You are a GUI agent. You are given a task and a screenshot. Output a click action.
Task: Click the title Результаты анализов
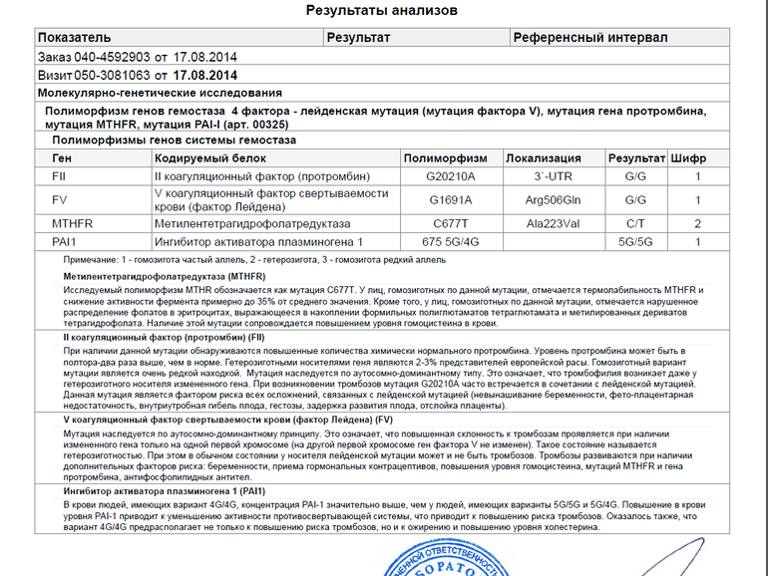(x=382, y=11)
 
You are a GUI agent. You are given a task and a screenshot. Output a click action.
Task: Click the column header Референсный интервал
(x=589, y=38)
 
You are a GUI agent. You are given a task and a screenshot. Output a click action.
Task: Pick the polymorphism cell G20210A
(x=451, y=175)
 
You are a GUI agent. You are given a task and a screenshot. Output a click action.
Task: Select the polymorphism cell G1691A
(x=451, y=199)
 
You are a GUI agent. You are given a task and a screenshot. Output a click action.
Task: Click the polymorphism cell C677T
(x=451, y=224)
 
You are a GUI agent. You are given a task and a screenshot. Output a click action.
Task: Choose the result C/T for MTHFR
(x=636, y=224)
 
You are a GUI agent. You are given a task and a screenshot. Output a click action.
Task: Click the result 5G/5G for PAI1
(x=636, y=242)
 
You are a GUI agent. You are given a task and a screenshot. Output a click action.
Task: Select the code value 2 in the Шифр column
(x=698, y=224)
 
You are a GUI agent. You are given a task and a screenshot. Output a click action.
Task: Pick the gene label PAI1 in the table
(x=64, y=242)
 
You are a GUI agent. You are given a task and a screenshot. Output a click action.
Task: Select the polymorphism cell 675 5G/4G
(x=451, y=242)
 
